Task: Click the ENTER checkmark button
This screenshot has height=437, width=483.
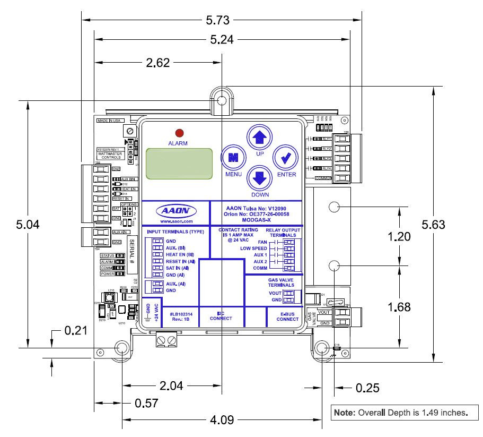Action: (x=285, y=158)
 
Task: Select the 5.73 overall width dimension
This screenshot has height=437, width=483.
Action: (x=217, y=20)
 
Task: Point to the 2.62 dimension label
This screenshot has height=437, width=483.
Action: (x=157, y=63)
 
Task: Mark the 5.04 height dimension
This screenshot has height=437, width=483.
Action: (x=27, y=224)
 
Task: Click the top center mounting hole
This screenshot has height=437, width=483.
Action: (x=222, y=101)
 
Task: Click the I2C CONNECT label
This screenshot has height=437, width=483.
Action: (x=221, y=316)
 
